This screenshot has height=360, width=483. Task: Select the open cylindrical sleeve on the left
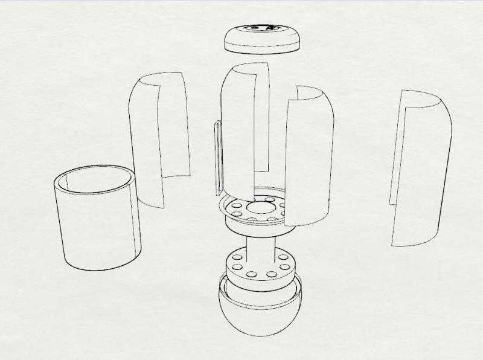coord(100,230)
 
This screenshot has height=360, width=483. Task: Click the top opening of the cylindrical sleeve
coord(95,181)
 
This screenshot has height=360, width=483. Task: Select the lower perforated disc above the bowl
coord(260,269)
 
